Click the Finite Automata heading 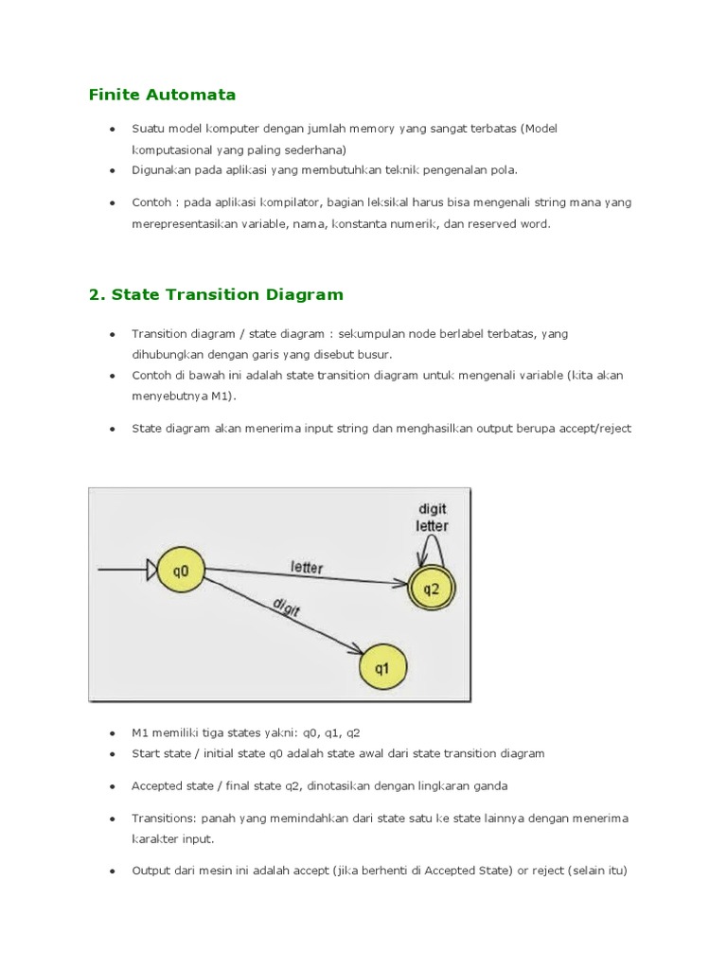[162, 95]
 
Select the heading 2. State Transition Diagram [216, 294]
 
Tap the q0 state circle [180, 571]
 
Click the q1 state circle [382, 668]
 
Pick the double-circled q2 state [431, 589]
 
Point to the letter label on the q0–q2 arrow [306, 568]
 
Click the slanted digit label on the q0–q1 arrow [286, 607]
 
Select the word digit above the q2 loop [433, 509]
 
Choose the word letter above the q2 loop [433, 526]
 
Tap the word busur [372, 355]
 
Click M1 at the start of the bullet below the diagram [140, 733]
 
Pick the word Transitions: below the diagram [164, 819]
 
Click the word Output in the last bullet [151, 871]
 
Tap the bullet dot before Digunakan [113, 170]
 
